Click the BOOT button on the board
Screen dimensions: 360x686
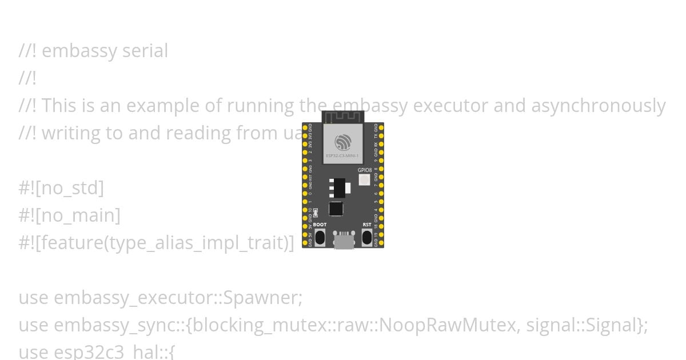pyautogui.click(x=320, y=237)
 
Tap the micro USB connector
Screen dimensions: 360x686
pyautogui.click(x=344, y=241)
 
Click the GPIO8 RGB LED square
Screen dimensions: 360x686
pyautogui.click(x=364, y=180)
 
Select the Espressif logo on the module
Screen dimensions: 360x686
pyautogui.click(x=343, y=142)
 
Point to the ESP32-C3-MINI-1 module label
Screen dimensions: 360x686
pyautogui.click(x=343, y=155)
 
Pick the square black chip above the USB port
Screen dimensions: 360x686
pyautogui.click(x=336, y=209)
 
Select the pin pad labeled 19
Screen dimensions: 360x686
pyautogui.click(x=381, y=234)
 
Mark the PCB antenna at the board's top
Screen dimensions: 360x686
pyautogui.click(x=343, y=117)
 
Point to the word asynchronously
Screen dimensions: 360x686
pyautogui.click(x=599, y=106)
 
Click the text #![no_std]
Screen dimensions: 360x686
pyautogui.click(x=61, y=188)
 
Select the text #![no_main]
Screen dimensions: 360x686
pyautogui.click(x=69, y=215)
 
